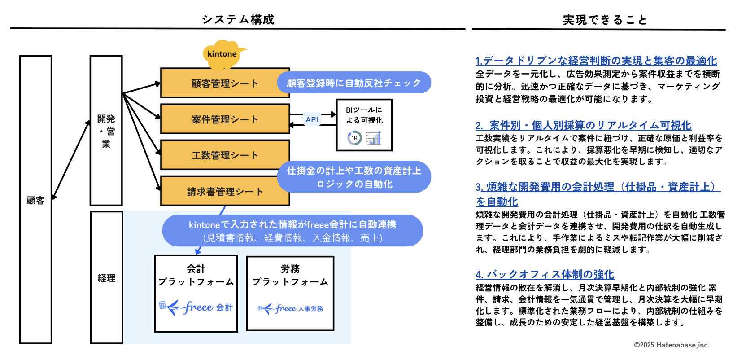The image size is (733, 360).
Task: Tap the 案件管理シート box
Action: (225, 119)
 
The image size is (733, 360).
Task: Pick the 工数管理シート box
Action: (225, 155)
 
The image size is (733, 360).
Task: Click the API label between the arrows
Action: (312, 119)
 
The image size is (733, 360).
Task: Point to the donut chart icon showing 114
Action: (354, 138)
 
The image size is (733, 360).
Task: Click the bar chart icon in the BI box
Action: (373, 138)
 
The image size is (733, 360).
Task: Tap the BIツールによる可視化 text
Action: (364, 115)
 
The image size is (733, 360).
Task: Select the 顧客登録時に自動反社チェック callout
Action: (354, 83)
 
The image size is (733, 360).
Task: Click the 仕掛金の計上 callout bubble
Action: (354, 177)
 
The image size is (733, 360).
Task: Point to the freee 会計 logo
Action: (196, 307)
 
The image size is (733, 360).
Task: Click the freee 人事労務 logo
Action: (290, 308)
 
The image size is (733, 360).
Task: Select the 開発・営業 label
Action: (106, 131)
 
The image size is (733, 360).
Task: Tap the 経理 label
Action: (106, 278)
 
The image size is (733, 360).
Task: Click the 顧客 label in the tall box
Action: (35, 201)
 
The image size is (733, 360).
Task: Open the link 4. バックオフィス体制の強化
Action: (545, 274)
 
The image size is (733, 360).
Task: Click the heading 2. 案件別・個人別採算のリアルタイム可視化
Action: (583, 125)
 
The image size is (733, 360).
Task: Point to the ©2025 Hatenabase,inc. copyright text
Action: (671, 345)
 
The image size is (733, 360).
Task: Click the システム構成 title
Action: (238, 19)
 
